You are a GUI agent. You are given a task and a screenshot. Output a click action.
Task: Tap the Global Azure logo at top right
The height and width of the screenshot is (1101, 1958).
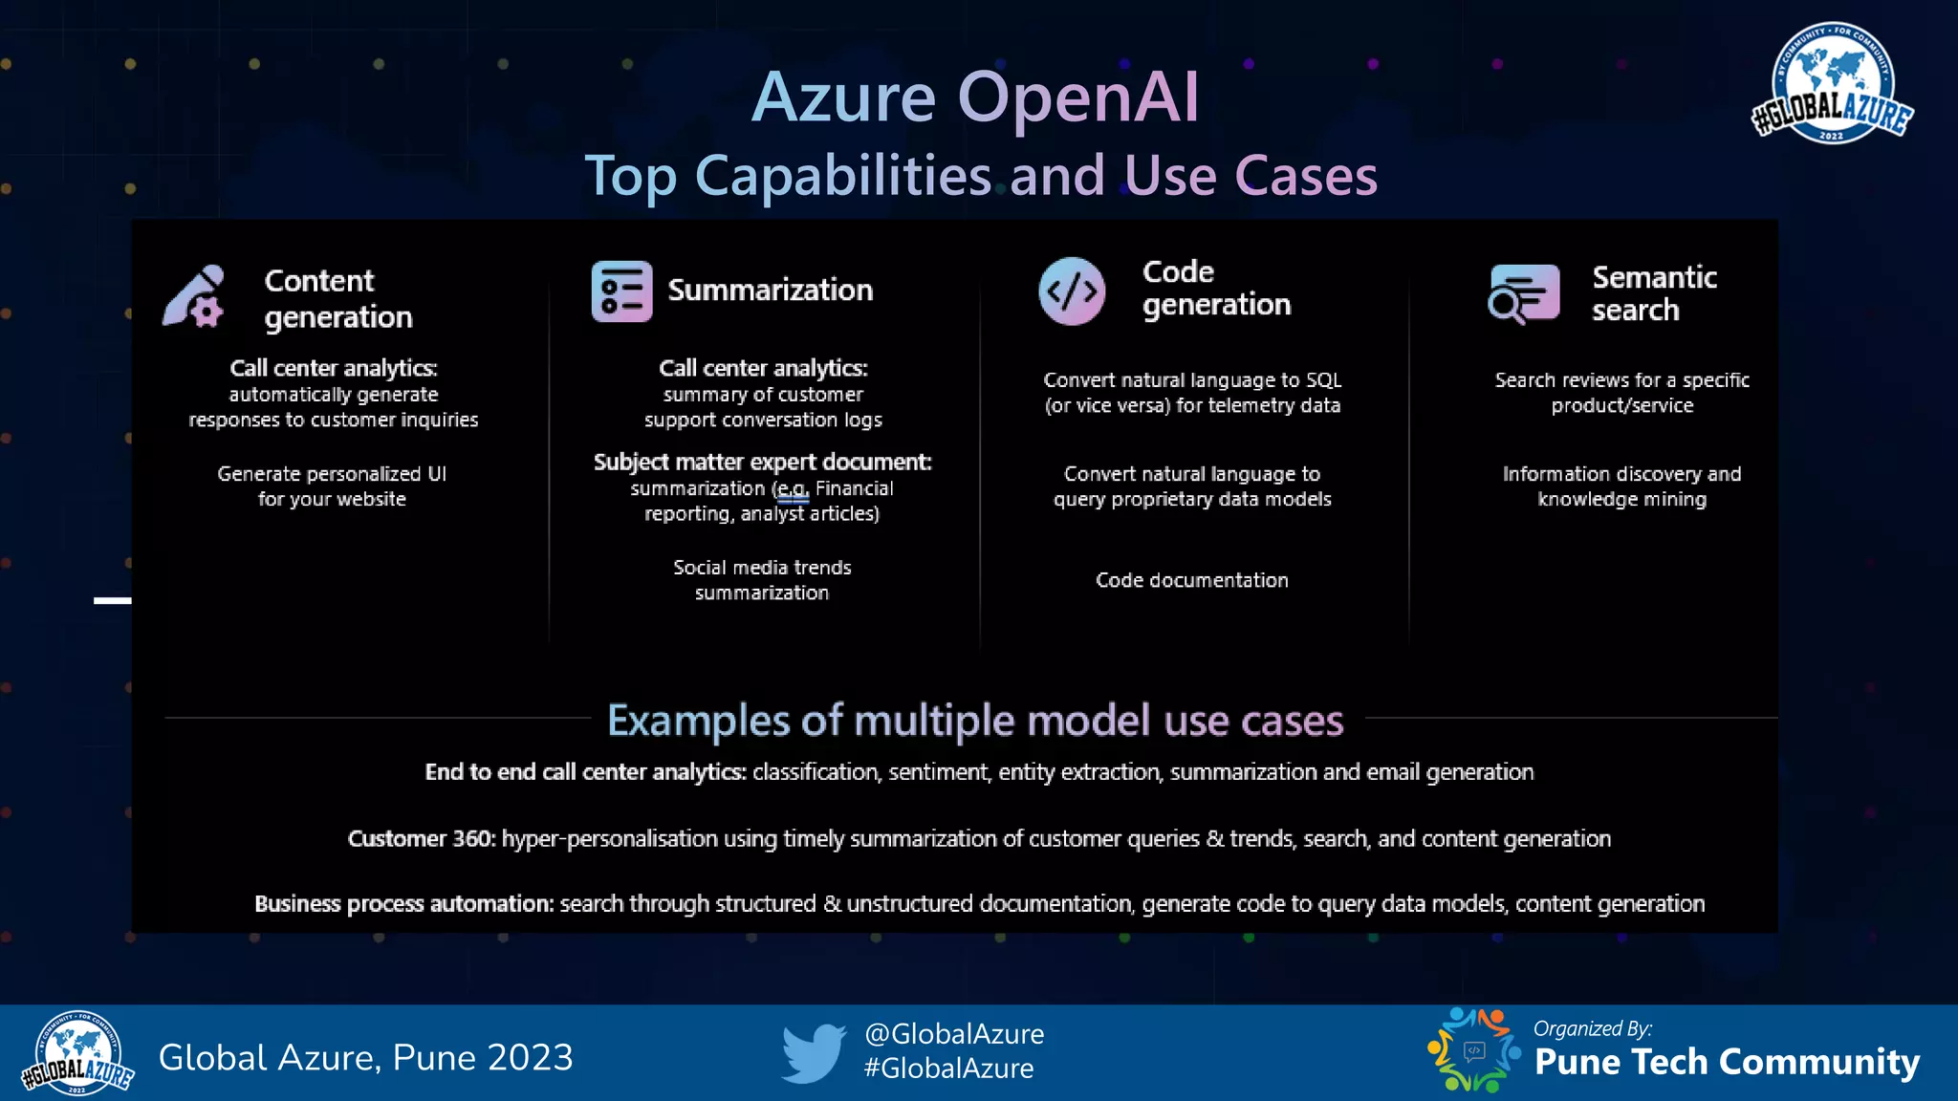pyautogui.click(x=1831, y=84)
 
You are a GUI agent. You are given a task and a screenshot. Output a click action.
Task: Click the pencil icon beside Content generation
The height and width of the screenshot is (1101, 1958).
pyautogui.click(x=194, y=297)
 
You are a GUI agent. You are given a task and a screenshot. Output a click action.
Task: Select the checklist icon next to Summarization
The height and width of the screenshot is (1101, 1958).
pyautogui.click(x=621, y=291)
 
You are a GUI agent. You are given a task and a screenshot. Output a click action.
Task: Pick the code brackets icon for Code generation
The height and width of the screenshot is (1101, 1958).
pyautogui.click(x=1072, y=291)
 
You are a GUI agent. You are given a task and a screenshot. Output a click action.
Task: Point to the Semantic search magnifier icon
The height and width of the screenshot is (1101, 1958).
pyautogui.click(x=1523, y=294)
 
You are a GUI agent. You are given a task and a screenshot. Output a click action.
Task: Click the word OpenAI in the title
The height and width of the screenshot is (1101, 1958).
pyautogui.click(x=1077, y=97)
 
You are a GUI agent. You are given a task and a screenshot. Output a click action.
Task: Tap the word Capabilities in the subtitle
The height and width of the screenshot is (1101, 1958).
pyautogui.click(x=843, y=177)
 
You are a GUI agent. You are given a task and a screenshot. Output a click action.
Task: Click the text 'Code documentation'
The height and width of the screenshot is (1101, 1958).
pyautogui.click(x=1191, y=580)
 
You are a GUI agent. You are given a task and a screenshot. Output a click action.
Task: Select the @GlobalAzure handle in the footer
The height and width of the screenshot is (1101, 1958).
pyautogui.click(x=953, y=1034)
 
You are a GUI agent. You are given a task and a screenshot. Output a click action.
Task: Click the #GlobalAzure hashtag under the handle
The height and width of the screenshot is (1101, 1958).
pyautogui.click(x=948, y=1069)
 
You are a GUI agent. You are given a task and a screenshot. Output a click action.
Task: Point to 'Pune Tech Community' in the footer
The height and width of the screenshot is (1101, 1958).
pyautogui.click(x=1727, y=1062)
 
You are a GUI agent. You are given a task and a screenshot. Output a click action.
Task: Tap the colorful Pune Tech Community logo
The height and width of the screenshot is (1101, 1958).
pyautogui.click(x=1473, y=1050)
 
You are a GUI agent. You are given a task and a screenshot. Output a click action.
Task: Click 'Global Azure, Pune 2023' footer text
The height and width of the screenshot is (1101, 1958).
pyautogui.click(x=365, y=1058)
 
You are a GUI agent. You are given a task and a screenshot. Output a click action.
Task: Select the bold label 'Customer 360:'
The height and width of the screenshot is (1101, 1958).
pyautogui.click(x=422, y=839)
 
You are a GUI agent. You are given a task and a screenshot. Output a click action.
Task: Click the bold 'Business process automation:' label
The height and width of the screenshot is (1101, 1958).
pyautogui.click(x=403, y=904)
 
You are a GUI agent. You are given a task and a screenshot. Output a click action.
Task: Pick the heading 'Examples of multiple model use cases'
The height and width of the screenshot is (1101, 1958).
pyautogui.click(x=974, y=721)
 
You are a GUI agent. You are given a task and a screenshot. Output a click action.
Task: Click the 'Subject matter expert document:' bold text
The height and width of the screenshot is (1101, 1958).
pyautogui.click(x=762, y=463)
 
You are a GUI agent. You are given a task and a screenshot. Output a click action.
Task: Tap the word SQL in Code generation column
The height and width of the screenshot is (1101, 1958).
pyautogui.click(x=1323, y=380)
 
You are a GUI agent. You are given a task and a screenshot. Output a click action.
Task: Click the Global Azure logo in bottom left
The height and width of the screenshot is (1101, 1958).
pyautogui.click(x=77, y=1053)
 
